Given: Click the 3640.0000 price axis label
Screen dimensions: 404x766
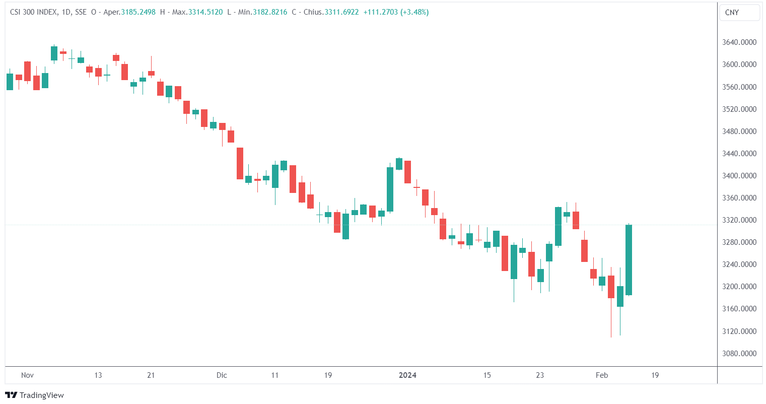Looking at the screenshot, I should point(739,42).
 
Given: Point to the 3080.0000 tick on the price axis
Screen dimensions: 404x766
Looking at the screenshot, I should point(739,354).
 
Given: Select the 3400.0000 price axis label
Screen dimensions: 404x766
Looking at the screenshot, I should point(739,176).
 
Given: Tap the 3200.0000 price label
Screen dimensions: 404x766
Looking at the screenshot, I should point(739,287).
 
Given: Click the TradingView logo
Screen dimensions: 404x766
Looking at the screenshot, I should point(34,395).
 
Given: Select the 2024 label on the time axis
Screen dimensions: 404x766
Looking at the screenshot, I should point(407,375).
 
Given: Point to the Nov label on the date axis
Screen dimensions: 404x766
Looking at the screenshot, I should point(27,375).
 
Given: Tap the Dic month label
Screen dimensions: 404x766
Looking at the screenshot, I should point(222,375).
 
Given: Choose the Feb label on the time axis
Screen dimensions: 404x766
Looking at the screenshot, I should point(602,375).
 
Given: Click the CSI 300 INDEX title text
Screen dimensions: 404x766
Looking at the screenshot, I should point(33,12).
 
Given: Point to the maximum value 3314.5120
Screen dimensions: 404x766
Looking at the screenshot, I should point(205,12).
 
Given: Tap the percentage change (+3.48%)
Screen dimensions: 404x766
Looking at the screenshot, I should point(414,12).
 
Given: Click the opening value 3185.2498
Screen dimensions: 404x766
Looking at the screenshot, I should point(138,12).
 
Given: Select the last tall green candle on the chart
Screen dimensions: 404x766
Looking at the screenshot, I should point(629,260).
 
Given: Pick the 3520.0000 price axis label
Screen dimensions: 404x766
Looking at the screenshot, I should point(739,109).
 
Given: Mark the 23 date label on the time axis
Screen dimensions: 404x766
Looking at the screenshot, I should point(540,375).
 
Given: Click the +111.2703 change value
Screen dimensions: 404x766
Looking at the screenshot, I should point(380,12).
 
